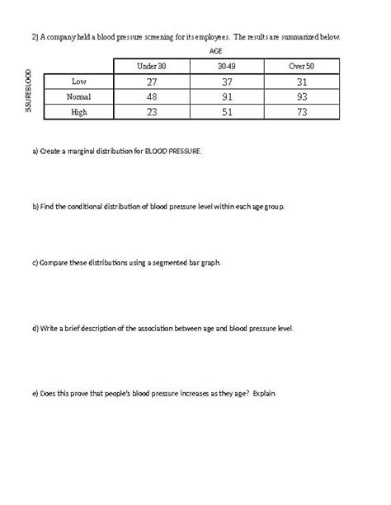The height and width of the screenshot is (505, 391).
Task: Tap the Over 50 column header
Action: click(302, 66)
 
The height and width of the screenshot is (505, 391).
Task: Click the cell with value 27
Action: click(151, 82)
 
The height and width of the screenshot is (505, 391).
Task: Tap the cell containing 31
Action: click(302, 82)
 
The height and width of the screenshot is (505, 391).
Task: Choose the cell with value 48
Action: click(151, 96)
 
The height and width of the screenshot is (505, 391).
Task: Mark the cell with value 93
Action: click(302, 96)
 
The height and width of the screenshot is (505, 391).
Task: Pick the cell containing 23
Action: click(151, 112)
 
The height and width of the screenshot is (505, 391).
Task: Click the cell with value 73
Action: click(302, 112)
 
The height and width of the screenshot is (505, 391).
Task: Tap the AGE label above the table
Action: click(217, 50)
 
